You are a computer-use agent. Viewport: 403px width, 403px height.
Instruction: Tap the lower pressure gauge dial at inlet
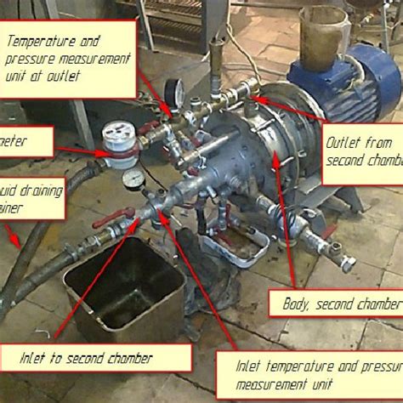click(x=133, y=179)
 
